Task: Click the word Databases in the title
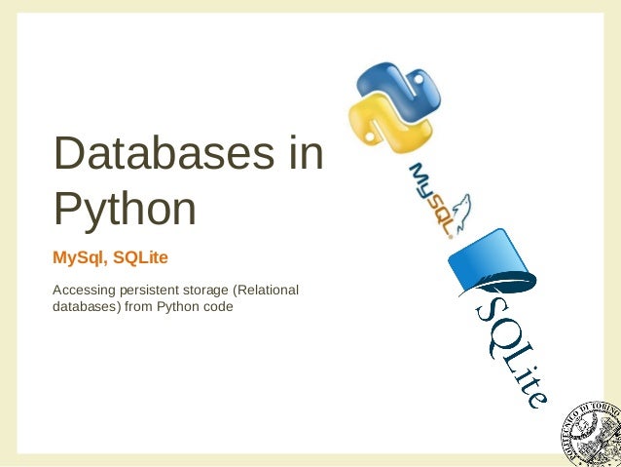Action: pyautogui.click(x=156, y=156)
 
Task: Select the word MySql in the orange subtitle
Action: pyautogui.click(x=79, y=257)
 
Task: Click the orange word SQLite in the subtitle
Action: pyautogui.click(x=141, y=257)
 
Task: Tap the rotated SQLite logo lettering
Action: pyautogui.click(x=512, y=352)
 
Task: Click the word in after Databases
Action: pyautogui.click(x=306, y=156)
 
